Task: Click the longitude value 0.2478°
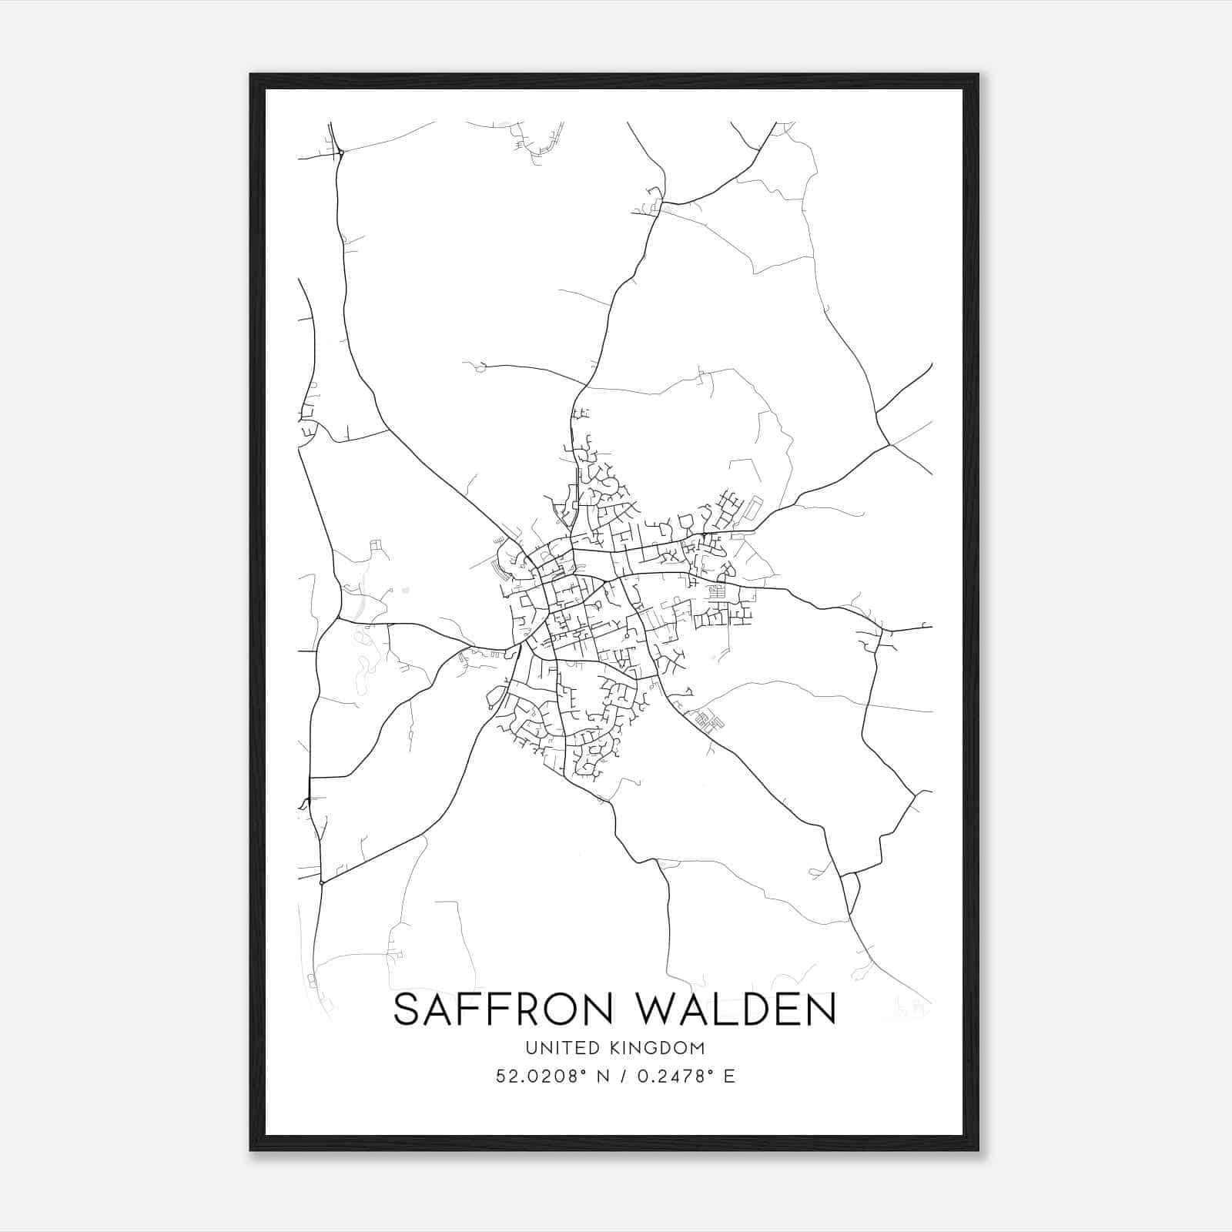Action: (671, 1076)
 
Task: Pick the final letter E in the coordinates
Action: (729, 1076)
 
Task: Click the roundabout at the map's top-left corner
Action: (340, 153)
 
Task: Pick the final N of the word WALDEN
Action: (822, 1009)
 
